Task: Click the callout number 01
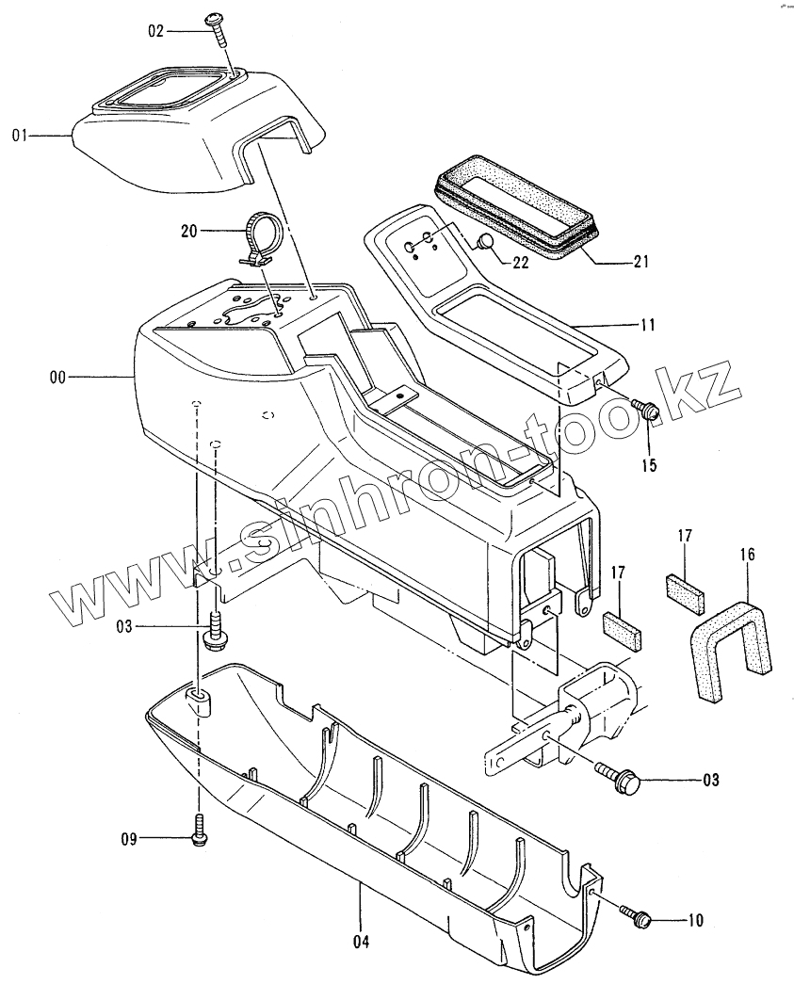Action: point(18,137)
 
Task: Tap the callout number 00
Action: point(58,377)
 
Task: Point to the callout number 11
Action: point(647,326)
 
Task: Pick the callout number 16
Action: point(747,555)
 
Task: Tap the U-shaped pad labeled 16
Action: point(725,640)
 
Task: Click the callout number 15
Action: point(650,465)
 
